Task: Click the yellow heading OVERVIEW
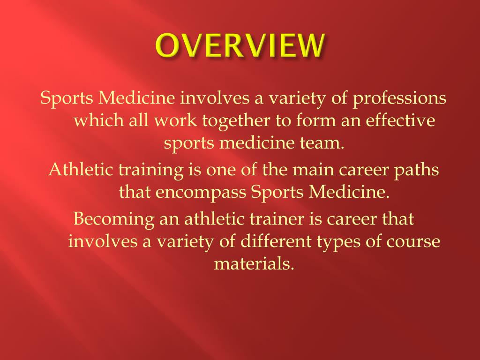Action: (x=240, y=46)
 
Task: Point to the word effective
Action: (x=400, y=120)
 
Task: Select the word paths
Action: (x=418, y=169)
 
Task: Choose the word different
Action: (x=276, y=241)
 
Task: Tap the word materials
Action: (x=254, y=264)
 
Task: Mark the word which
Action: (x=98, y=120)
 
